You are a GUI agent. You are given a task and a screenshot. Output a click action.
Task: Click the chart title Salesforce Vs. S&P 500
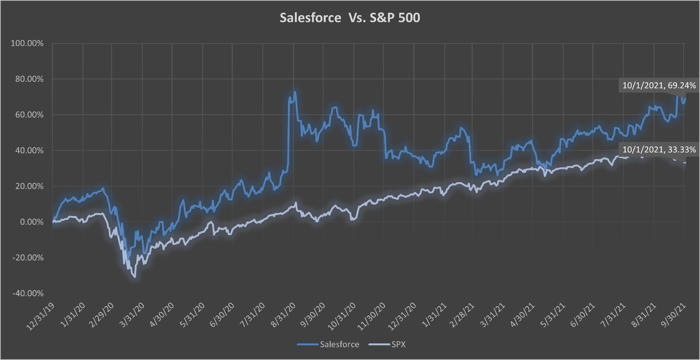pyautogui.click(x=350, y=18)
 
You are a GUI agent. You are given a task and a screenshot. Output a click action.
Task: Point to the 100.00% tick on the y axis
pyautogui.click(x=27, y=43)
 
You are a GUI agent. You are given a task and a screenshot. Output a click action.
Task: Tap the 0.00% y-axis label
pyautogui.click(x=29, y=222)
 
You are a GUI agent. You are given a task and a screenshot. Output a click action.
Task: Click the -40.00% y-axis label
pyautogui.click(x=27, y=293)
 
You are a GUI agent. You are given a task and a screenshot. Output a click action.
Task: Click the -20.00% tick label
pyautogui.click(x=27, y=258)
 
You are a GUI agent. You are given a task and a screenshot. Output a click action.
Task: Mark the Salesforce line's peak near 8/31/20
pyautogui.click(x=294, y=92)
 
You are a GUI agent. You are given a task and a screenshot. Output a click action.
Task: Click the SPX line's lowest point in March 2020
pyautogui.click(x=134, y=277)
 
